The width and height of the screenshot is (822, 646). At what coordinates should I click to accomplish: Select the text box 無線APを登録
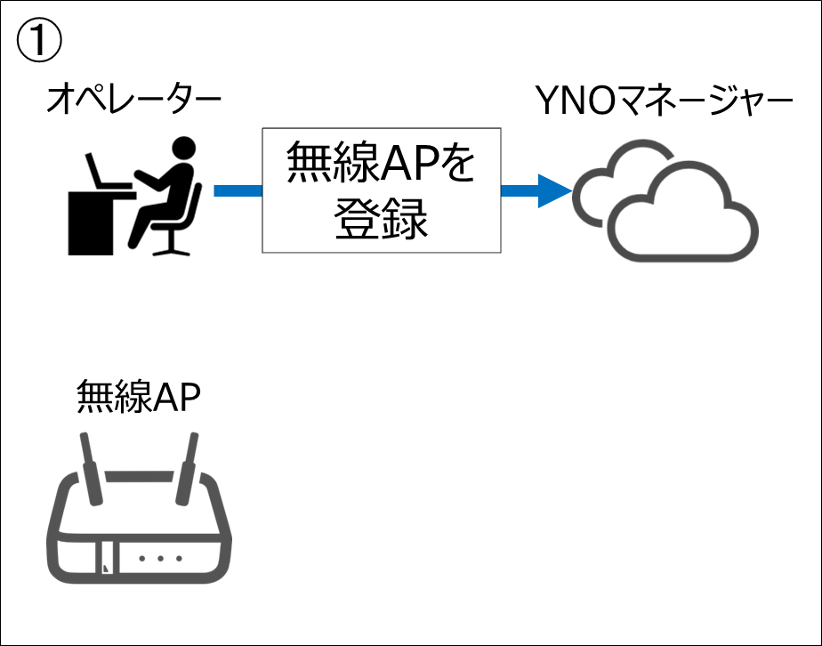(x=381, y=190)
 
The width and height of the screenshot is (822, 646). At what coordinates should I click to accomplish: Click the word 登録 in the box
(x=381, y=218)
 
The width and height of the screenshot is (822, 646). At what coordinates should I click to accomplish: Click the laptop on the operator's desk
(x=102, y=172)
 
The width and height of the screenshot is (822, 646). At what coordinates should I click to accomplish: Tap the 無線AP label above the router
(x=138, y=396)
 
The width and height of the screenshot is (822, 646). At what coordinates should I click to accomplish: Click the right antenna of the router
(x=189, y=467)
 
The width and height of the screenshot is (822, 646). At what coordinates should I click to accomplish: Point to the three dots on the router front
(x=161, y=559)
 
